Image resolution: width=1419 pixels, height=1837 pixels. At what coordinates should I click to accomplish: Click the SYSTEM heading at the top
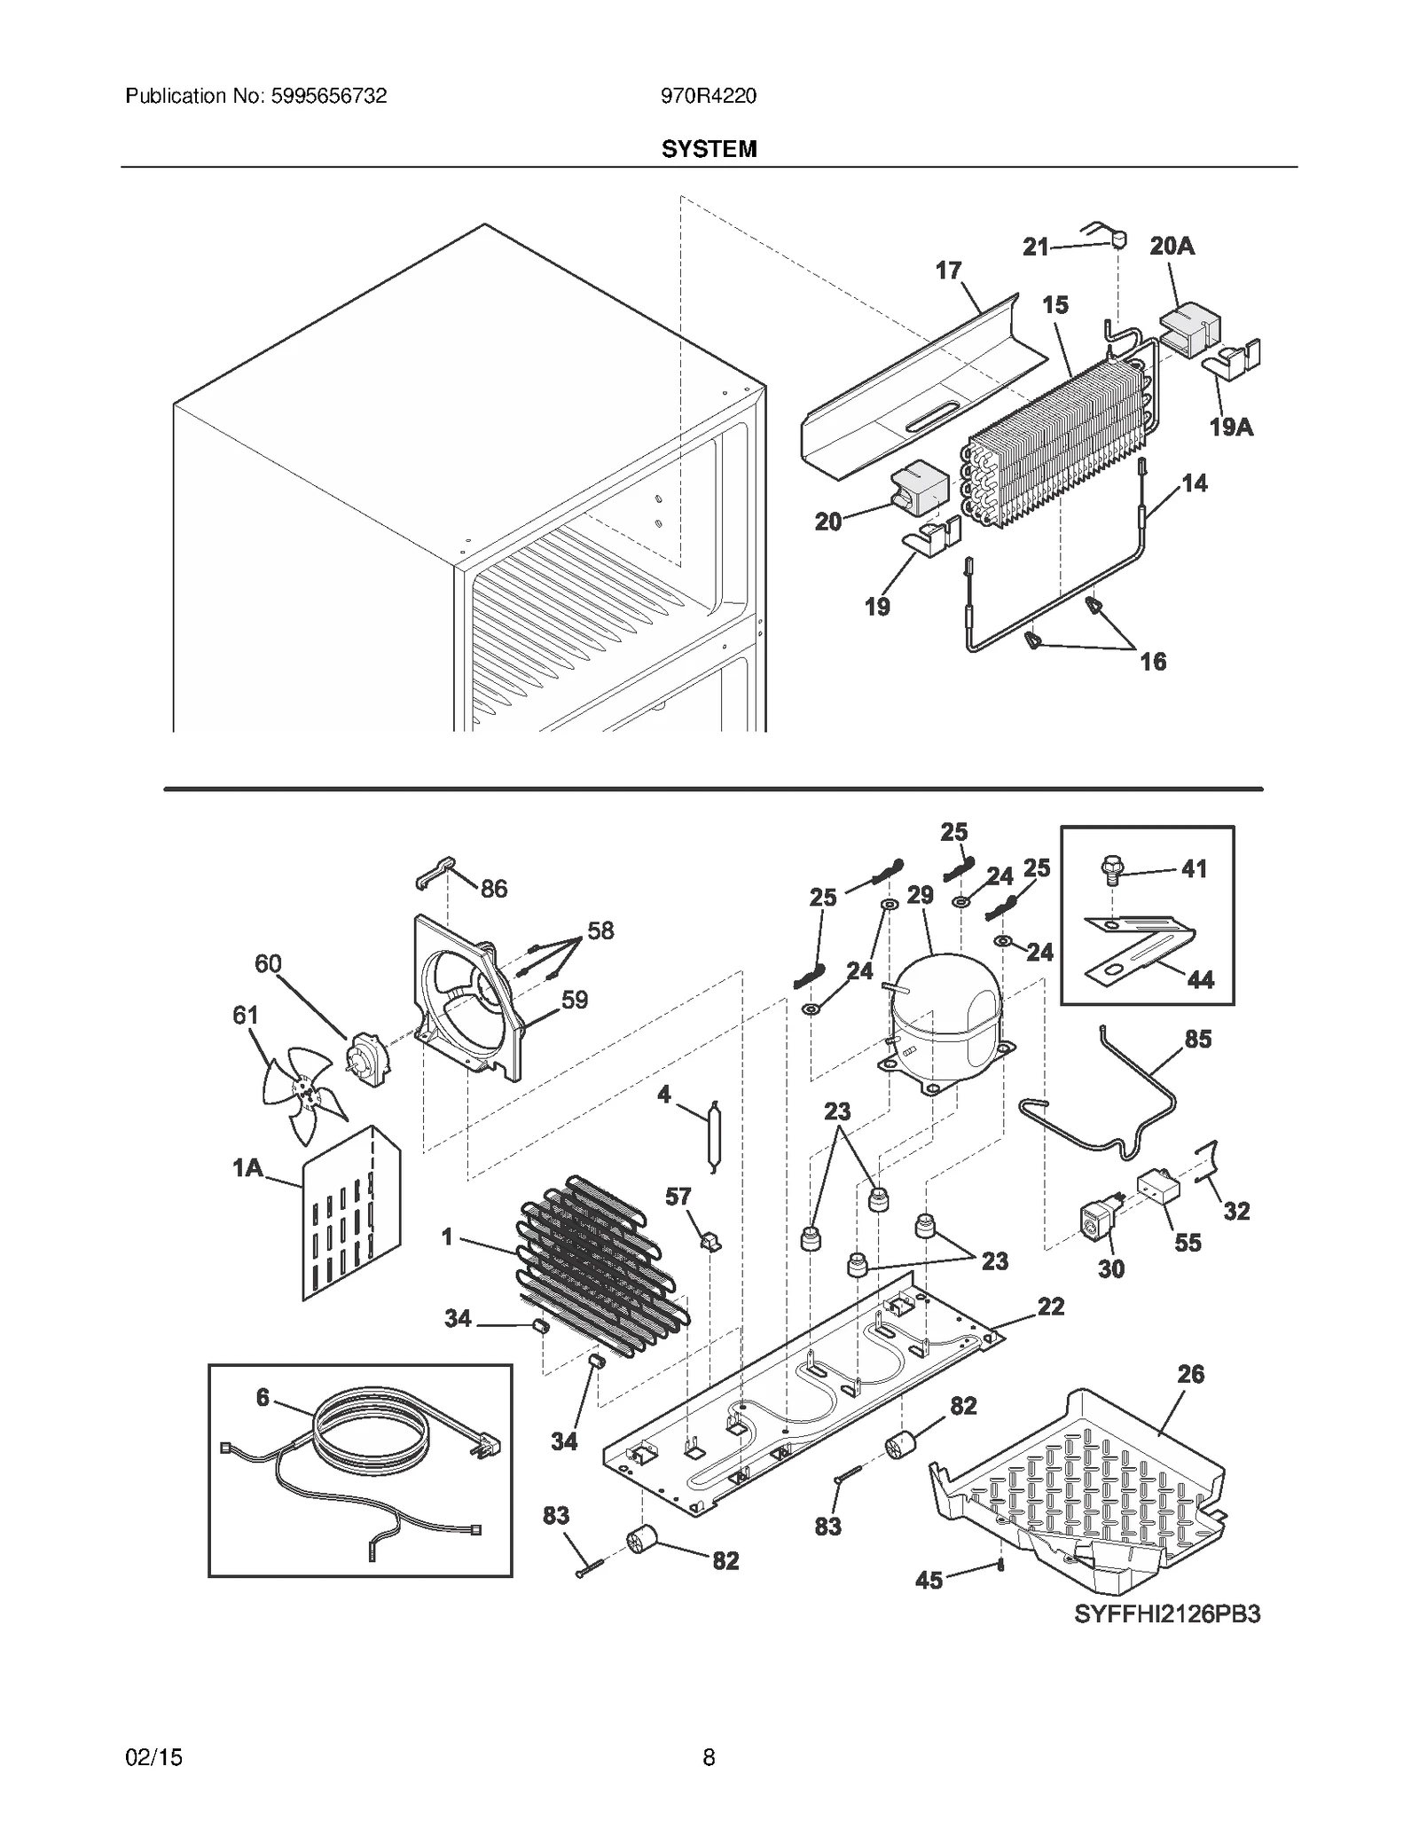(709, 149)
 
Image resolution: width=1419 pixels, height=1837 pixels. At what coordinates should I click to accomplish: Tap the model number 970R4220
(708, 96)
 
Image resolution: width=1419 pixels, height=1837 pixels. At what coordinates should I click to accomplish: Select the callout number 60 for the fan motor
(268, 964)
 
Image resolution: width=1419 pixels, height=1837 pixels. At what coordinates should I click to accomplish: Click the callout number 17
(948, 271)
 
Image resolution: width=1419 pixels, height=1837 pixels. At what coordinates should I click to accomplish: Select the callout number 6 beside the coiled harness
(263, 1398)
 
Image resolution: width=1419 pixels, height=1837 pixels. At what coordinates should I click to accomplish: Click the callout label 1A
(247, 1168)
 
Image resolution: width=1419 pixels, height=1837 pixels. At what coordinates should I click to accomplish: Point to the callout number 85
(1197, 1039)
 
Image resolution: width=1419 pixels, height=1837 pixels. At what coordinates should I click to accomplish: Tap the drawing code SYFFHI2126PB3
(1167, 1614)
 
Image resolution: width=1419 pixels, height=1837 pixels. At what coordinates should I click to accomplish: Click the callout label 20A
(1172, 246)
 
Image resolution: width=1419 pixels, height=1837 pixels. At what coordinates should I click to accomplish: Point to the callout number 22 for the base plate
(1051, 1307)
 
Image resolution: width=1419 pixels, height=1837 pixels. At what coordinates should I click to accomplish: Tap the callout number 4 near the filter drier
(663, 1095)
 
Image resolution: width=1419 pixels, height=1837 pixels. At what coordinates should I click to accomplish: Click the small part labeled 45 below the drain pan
(1000, 1565)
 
